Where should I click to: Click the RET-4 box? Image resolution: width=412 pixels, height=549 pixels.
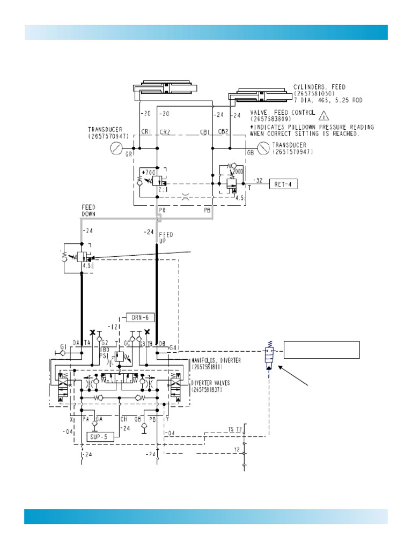pos(283,184)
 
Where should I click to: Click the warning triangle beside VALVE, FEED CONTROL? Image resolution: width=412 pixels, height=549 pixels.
pos(323,114)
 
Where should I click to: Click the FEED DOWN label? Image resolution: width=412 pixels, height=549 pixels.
pos(89,210)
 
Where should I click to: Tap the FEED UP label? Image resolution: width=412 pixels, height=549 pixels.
pos(166,238)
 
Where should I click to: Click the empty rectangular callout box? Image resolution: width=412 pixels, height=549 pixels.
pos(321,349)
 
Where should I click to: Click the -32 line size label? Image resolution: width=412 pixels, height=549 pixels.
pos(258,180)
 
